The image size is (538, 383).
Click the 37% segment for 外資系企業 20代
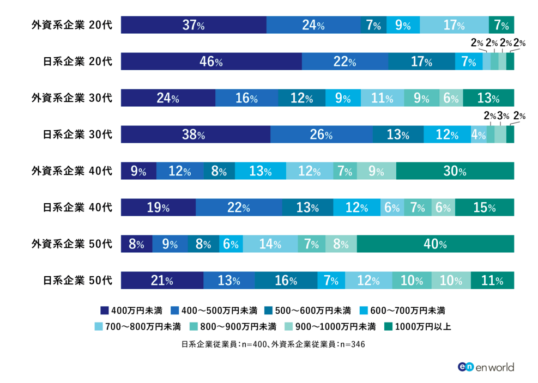(194, 25)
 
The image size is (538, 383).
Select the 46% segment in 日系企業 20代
(211, 62)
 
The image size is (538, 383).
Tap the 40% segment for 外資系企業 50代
(435, 244)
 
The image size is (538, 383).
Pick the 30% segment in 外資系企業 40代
(455, 171)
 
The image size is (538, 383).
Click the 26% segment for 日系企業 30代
(321, 135)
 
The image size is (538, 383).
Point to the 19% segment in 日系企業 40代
(158, 208)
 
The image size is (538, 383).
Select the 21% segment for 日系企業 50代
(162, 281)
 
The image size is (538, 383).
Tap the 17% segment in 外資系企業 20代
(454, 25)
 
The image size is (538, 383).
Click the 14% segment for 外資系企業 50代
(270, 244)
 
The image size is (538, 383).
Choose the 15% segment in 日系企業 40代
(484, 208)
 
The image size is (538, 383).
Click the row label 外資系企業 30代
(71, 98)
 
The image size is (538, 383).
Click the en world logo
(486, 367)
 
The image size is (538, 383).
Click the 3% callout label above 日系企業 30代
(503, 115)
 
